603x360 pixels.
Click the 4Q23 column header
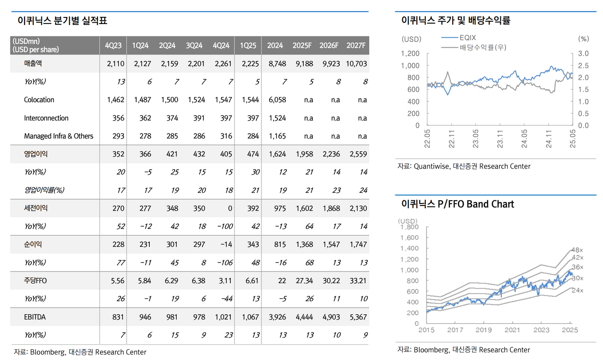tap(113, 45)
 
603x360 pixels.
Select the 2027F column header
tap(356, 45)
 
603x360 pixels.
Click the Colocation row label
tap(39, 100)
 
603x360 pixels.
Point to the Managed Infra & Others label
tap(59, 136)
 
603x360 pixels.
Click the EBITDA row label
tap(35, 317)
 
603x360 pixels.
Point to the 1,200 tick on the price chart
tap(410, 53)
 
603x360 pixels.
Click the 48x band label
tap(577, 249)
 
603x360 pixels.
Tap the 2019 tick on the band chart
tap(484, 330)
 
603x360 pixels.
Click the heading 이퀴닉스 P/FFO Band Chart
tap(457, 204)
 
